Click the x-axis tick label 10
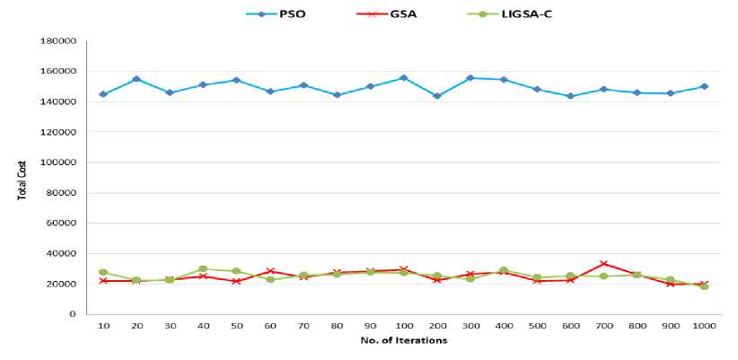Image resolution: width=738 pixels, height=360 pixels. pyautogui.click(x=103, y=326)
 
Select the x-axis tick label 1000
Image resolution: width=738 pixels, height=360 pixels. pyautogui.click(x=705, y=326)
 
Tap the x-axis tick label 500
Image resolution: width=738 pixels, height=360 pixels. pyautogui.click(x=537, y=326)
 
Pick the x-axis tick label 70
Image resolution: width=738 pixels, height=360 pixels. pyautogui.click(x=303, y=326)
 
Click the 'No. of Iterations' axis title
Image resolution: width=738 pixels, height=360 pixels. pyautogui.click(x=403, y=341)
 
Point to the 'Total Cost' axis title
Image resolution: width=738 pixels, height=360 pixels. pyautogui.click(x=22, y=178)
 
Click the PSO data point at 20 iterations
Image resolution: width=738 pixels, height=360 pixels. pyautogui.click(x=136, y=79)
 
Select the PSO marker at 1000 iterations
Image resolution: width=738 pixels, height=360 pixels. pyautogui.click(x=705, y=86)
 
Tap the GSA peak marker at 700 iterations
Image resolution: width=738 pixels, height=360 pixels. pyautogui.click(x=604, y=264)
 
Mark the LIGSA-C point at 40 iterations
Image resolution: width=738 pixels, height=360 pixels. pyautogui.click(x=203, y=268)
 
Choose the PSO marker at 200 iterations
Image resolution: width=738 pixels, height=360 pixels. pyautogui.click(x=437, y=96)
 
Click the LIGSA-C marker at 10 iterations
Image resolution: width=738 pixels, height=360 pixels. pyautogui.click(x=103, y=272)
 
